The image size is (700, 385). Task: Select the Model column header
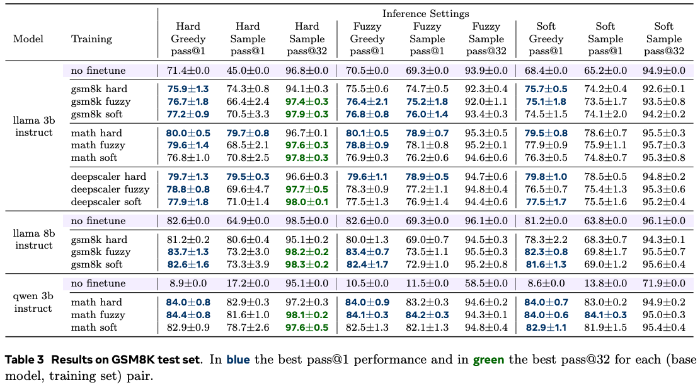click(x=28, y=38)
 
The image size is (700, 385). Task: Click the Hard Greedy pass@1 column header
click(x=188, y=38)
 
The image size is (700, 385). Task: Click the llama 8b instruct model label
click(x=33, y=239)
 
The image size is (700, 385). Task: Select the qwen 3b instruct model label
click(x=33, y=302)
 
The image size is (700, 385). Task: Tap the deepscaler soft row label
click(x=106, y=202)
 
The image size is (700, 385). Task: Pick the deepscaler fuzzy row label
click(x=110, y=189)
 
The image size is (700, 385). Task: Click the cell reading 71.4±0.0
click(x=188, y=70)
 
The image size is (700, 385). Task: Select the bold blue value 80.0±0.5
click(x=188, y=133)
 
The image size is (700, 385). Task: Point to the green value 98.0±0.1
click(x=307, y=202)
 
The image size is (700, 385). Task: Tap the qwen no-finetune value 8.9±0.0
click(x=188, y=283)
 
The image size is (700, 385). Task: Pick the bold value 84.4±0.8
click(x=188, y=315)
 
